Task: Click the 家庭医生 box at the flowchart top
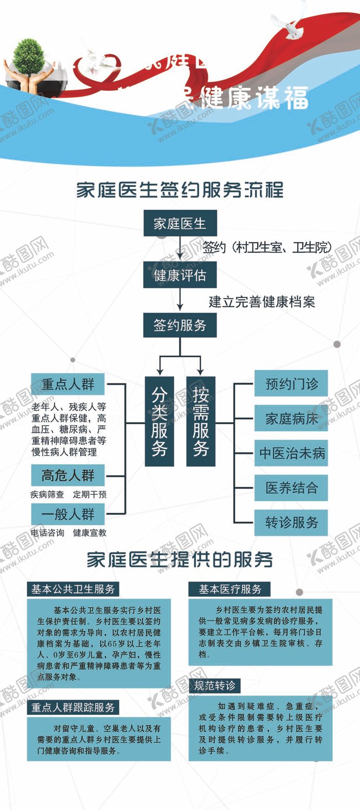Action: [180, 224]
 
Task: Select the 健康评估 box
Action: [180, 275]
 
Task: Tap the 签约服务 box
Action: [180, 325]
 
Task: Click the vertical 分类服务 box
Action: [159, 421]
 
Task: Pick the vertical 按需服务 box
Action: [201, 421]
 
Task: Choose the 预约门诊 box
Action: [291, 384]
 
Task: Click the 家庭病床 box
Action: [291, 418]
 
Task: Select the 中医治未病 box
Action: [291, 453]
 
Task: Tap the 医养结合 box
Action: [291, 487]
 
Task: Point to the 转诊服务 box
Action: [291, 523]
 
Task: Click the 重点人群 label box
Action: [68, 385]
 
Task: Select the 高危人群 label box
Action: [68, 475]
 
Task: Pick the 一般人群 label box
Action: [68, 514]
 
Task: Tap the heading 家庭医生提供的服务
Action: [180, 560]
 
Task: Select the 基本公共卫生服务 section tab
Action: [73, 589]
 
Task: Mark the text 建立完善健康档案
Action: [262, 302]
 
